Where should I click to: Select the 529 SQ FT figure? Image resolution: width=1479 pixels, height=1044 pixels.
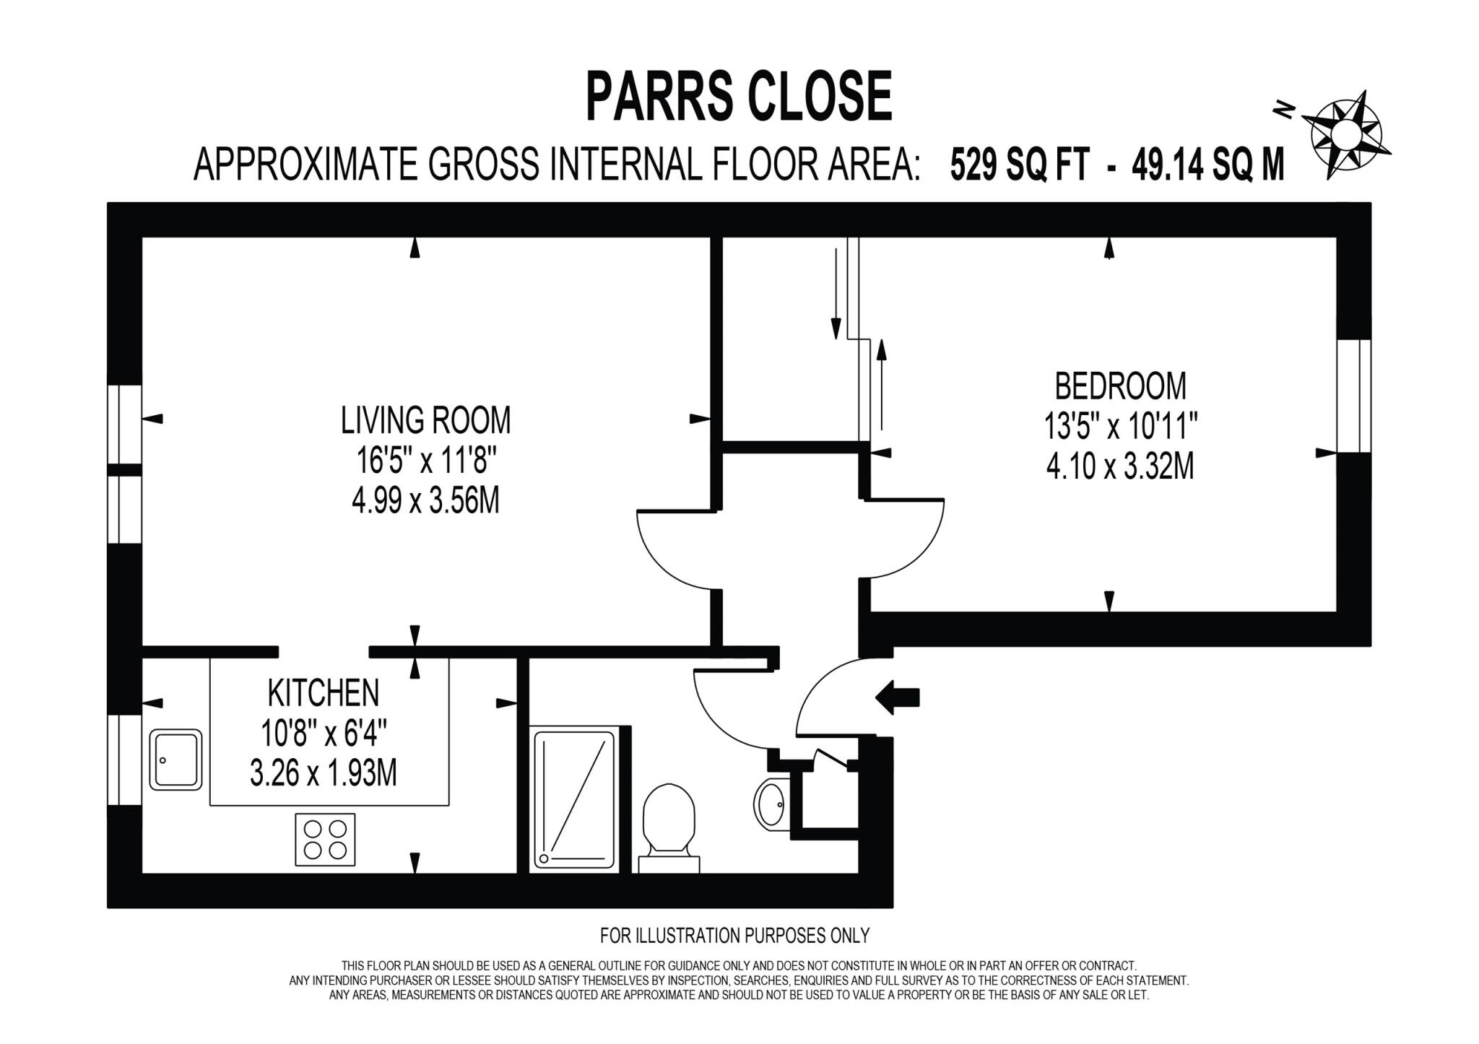tap(1019, 165)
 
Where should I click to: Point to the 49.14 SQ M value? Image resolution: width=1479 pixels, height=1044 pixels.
tap(1208, 165)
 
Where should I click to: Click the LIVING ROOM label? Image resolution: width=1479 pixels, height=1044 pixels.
tap(425, 420)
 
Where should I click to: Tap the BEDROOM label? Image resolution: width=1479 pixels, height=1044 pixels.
tap(1120, 386)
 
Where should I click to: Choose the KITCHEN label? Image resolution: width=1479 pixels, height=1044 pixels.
tap(323, 693)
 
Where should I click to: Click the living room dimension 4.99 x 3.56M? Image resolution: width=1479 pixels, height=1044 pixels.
tap(425, 500)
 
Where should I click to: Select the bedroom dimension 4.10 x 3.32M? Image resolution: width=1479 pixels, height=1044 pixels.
tap(1120, 466)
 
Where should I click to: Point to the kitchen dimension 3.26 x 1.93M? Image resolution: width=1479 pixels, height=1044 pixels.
tap(323, 774)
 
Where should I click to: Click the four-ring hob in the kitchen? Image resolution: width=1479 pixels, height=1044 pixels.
tap(325, 839)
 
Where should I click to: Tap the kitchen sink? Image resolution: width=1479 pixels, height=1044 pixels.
tap(175, 760)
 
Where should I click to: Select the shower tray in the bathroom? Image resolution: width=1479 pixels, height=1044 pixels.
tap(574, 799)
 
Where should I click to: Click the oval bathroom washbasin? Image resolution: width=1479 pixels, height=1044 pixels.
tap(770, 803)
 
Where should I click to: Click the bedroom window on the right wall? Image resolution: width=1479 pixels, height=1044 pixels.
tap(1353, 396)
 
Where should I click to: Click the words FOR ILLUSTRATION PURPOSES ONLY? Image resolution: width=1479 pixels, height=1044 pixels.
tap(734, 936)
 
